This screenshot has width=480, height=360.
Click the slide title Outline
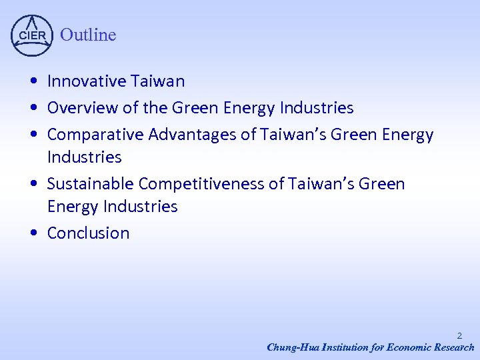tap(88, 35)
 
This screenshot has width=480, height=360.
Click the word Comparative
tap(95, 135)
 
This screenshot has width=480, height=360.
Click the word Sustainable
tap(90, 183)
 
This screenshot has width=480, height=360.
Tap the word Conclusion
tap(88, 233)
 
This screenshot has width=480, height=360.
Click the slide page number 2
tap(459, 336)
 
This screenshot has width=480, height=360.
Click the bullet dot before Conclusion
tap(33, 233)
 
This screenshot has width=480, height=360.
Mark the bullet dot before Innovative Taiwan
tap(33, 82)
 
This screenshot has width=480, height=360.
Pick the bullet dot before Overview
tap(33, 108)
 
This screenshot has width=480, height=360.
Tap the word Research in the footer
tap(453, 347)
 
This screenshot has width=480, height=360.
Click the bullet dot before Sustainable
tap(33, 184)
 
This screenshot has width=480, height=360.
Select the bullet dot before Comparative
tap(33, 135)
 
